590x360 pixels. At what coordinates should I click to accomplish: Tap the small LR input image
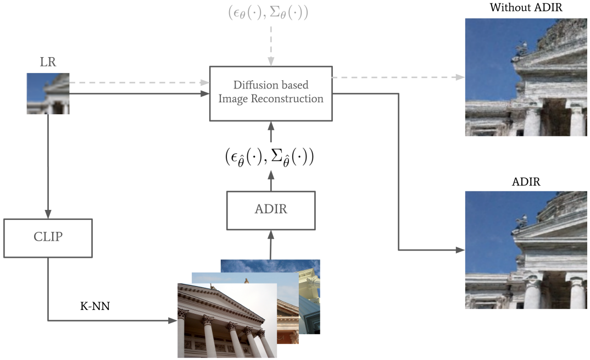pos(48,93)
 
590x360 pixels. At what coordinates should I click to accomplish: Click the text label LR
pos(48,62)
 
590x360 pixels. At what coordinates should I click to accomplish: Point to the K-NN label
pos(95,306)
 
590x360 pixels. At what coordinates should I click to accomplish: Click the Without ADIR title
pos(526,8)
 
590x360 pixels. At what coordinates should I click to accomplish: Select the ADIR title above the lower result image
pos(526,182)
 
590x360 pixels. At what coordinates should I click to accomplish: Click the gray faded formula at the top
pos(268,13)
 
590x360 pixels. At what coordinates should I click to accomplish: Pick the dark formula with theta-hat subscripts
pos(269,157)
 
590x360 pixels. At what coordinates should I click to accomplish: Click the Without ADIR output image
pos(526,77)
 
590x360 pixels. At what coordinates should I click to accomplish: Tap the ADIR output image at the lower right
pos(526,250)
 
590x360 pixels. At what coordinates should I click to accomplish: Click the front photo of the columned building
pos(227,320)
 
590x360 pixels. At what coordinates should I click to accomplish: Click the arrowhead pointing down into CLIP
pos(48,214)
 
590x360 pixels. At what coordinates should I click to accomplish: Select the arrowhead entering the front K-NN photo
pos(172,320)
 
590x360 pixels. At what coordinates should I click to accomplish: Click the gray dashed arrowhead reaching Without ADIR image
pos(460,77)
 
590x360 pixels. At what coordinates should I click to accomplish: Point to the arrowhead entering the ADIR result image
pos(460,250)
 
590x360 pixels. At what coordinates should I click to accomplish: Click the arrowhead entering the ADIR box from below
pos(271,235)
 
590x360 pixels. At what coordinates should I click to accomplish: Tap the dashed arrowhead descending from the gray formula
pos(271,62)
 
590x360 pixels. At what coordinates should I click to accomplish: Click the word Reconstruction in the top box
pos(287,99)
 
